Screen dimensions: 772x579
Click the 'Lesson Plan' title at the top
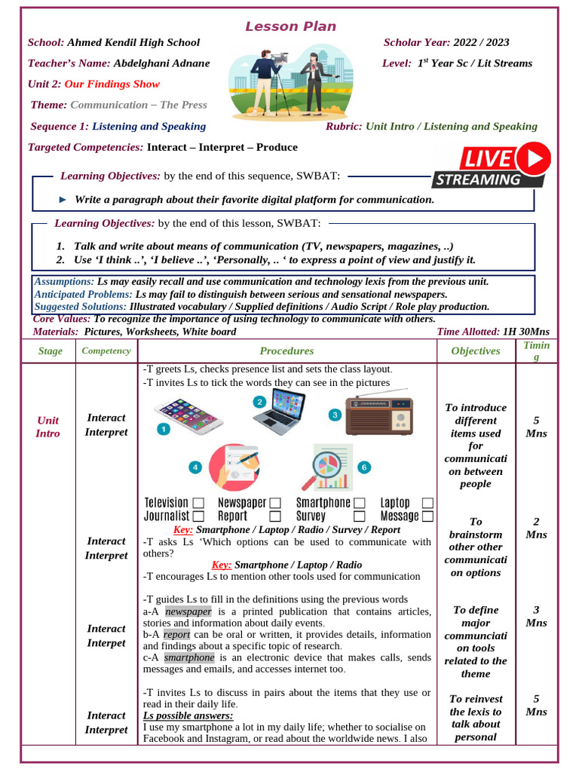click(290, 27)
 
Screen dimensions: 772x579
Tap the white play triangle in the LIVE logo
click(536, 158)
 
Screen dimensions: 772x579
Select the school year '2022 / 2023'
click(482, 43)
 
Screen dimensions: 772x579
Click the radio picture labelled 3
click(379, 416)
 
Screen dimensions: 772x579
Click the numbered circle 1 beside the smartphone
click(163, 429)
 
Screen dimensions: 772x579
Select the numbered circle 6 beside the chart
click(363, 467)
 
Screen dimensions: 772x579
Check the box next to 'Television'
click(198, 503)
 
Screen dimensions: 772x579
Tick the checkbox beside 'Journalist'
click(198, 516)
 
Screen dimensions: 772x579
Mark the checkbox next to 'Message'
click(427, 516)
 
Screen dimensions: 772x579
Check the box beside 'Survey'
click(360, 516)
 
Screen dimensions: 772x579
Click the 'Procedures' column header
click(286, 351)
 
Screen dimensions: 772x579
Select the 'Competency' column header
click(106, 351)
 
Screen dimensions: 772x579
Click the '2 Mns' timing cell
click(536, 528)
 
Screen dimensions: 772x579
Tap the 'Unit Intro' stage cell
click(47, 427)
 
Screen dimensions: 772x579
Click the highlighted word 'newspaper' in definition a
click(188, 611)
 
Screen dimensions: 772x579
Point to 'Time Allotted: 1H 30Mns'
click(493, 332)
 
